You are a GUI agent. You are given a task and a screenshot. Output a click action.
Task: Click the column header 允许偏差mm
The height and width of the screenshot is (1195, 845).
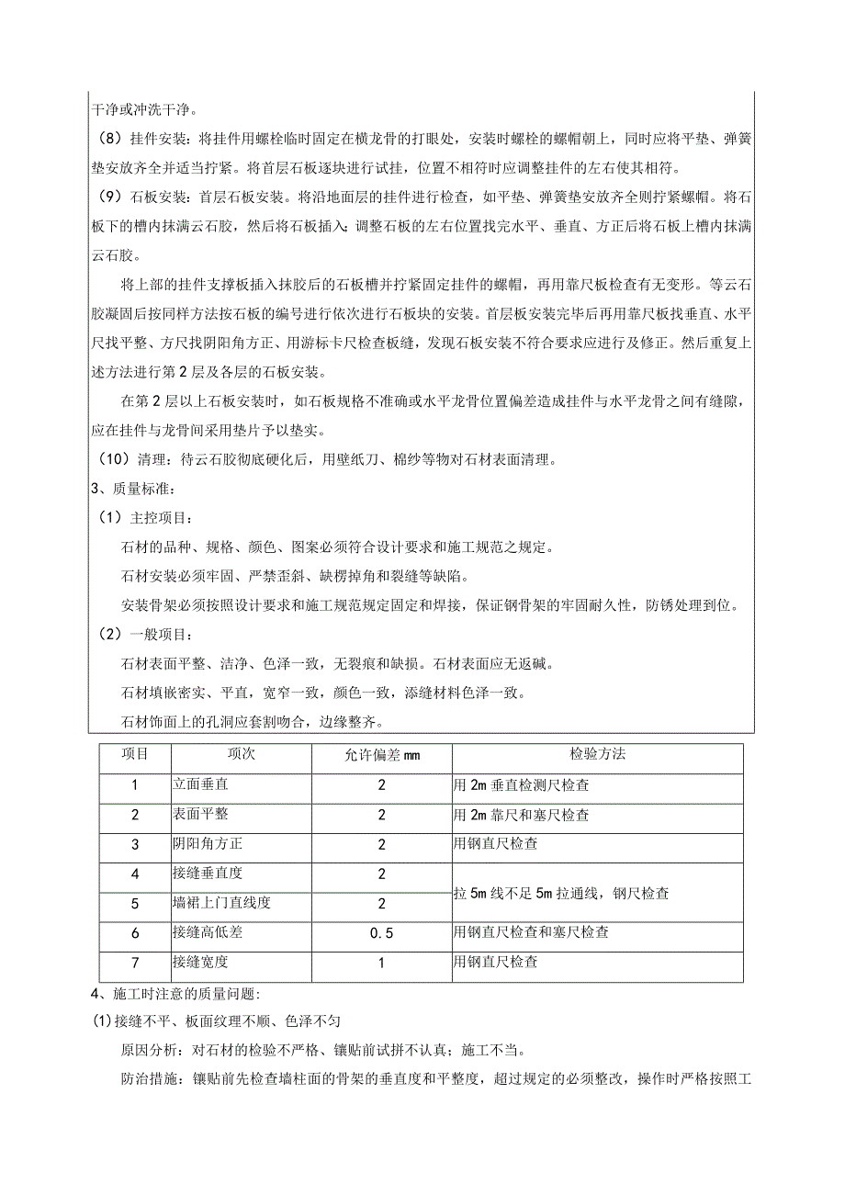pos(380,756)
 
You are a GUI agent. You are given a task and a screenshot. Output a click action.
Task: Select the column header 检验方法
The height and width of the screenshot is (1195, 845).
pos(596,754)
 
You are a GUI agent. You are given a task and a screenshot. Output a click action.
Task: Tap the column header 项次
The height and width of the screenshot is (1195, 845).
pos(241,754)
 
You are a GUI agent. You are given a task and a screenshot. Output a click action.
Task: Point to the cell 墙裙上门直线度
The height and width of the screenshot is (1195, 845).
pos(220,903)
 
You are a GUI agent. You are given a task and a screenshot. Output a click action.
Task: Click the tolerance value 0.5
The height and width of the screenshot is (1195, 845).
pos(380,933)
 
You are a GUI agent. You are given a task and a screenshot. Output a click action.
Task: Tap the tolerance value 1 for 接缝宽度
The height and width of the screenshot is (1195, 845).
pos(380,963)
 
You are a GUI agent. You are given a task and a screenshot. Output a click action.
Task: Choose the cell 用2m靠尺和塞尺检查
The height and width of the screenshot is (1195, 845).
pos(521,815)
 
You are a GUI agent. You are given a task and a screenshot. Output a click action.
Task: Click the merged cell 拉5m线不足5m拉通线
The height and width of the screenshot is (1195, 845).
pos(561,892)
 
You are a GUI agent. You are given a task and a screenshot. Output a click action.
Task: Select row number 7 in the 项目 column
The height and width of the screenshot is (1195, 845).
pos(134,963)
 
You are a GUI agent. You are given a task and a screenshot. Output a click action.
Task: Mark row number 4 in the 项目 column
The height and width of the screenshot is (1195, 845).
pos(134,874)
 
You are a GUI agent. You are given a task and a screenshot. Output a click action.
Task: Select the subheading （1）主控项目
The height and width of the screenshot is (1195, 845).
pos(146,519)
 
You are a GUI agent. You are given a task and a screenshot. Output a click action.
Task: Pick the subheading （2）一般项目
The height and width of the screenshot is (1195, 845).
pos(146,636)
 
